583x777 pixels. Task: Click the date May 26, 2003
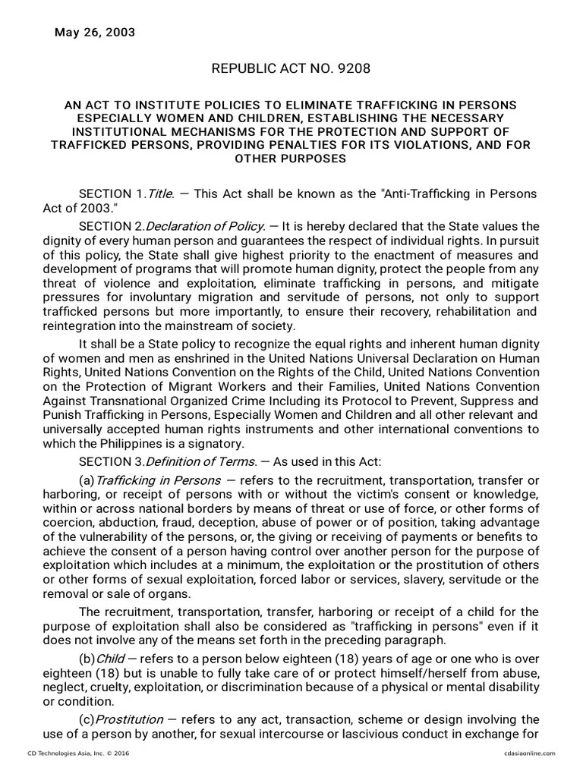click(95, 33)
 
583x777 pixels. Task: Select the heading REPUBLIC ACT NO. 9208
click(291, 69)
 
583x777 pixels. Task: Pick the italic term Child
click(111, 658)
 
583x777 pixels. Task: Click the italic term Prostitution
click(130, 719)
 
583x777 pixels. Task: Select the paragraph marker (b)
click(87, 658)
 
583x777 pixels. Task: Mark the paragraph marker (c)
click(87, 719)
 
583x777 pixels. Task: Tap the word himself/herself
click(403, 672)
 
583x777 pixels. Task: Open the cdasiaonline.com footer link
click(529, 753)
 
